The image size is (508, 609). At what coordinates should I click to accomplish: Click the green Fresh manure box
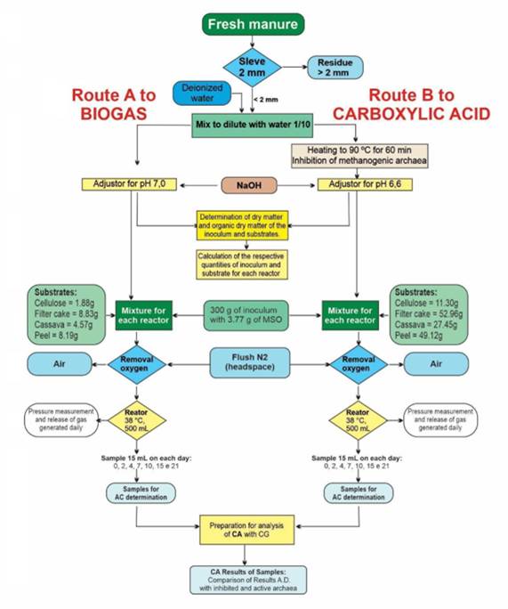click(253, 24)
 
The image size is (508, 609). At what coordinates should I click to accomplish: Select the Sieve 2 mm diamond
click(253, 67)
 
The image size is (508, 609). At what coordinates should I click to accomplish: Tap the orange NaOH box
click(253, 186)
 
